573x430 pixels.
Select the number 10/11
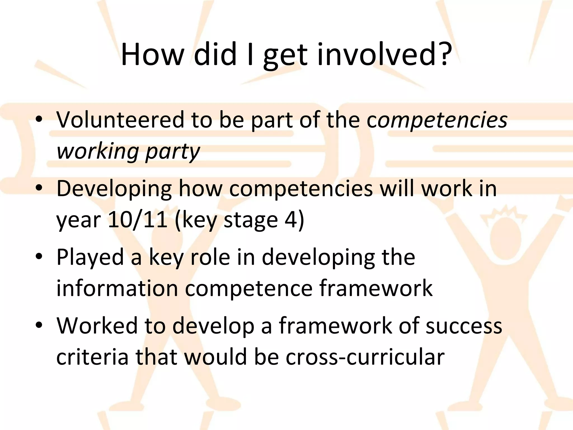click(137, 220)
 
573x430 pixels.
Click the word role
click(210, 257)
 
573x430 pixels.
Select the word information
click(117, 288)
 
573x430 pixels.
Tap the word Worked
click(97, 326)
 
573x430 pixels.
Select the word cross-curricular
click(365, 357)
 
